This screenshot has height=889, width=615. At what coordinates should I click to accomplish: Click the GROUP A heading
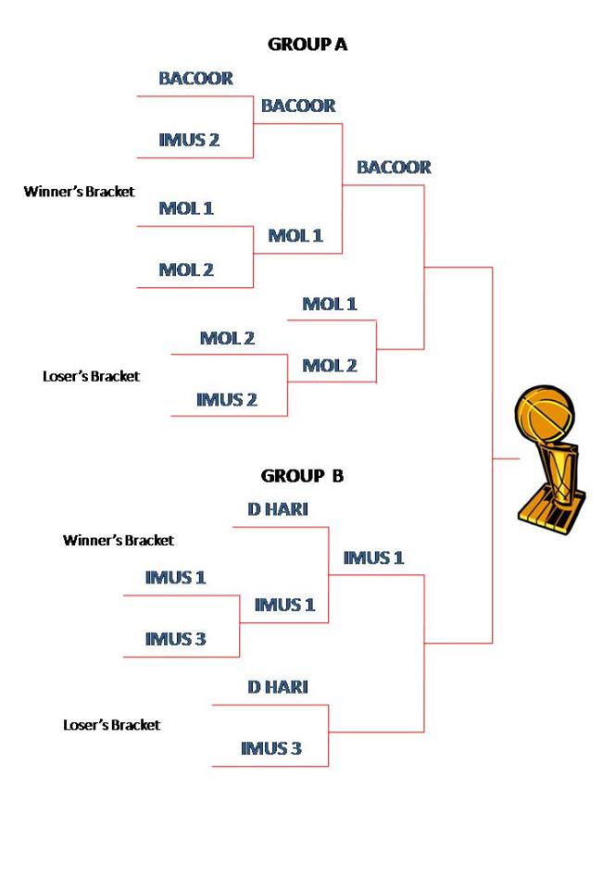307,44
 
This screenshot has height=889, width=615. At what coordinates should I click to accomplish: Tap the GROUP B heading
302,476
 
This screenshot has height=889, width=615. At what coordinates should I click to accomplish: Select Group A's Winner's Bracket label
79,192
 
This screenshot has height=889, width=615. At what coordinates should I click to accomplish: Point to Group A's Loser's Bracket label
91,377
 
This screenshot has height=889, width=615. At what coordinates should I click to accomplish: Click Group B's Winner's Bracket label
118,540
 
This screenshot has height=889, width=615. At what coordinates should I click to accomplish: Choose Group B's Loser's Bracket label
111,725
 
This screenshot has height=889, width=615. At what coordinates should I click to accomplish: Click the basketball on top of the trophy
546,416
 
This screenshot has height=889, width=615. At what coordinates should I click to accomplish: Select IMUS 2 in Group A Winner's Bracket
189,140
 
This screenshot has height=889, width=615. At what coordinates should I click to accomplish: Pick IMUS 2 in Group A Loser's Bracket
226,400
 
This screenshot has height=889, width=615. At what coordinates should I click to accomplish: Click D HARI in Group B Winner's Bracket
277,509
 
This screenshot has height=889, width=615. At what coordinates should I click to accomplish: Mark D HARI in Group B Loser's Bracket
277,687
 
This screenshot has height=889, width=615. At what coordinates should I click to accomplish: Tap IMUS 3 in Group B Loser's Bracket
270,748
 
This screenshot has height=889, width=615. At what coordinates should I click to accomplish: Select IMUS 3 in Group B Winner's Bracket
175,639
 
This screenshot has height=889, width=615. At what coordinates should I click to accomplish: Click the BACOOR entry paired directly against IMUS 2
195,79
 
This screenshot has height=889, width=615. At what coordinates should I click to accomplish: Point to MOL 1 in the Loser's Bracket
330,304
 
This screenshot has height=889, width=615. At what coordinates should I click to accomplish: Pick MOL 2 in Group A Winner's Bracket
186,269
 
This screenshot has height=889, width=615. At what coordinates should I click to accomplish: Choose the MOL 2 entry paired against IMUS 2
227,338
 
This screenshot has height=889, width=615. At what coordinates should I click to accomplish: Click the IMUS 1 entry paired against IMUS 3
175,578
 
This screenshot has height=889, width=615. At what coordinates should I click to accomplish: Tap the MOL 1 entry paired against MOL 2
186,208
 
